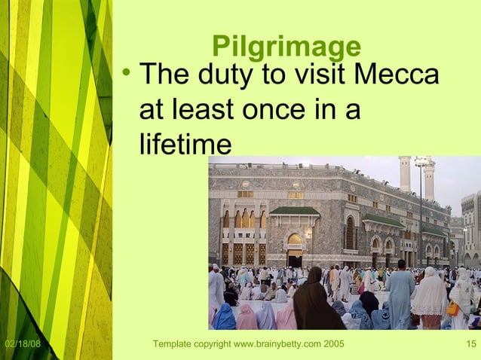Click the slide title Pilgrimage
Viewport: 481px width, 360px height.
click(286, 47)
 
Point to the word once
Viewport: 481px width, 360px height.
click(276, 110)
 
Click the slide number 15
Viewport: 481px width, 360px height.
click(470, 345)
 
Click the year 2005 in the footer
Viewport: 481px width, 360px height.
click(332, 345)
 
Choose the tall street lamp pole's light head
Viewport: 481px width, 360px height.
click(421, 162)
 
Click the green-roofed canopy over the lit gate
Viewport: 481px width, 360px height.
click(294, 212)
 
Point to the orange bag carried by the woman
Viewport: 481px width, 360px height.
click(452, 308)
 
